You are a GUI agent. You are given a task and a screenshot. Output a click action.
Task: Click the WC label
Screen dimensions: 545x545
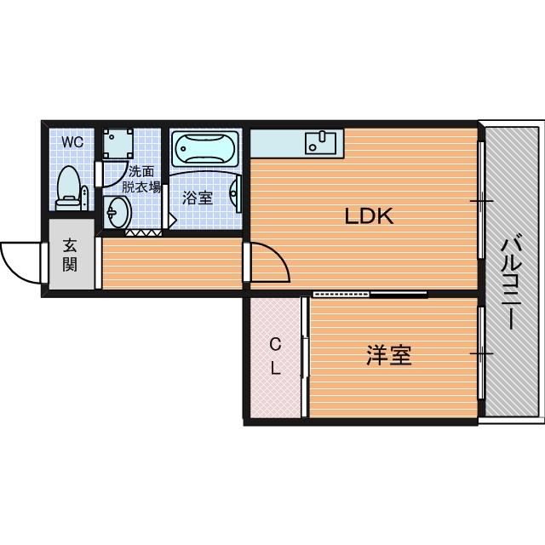(x=72, y=142)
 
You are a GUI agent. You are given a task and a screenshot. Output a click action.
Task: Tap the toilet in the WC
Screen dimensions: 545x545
(x=72, y=188)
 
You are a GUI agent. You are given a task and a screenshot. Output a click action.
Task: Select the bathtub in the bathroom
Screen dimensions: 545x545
(x=205, y=148)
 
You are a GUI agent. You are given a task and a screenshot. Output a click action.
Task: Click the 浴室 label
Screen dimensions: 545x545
(x=197, y=198)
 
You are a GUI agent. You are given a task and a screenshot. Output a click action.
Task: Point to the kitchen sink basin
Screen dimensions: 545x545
(x=320, y=143)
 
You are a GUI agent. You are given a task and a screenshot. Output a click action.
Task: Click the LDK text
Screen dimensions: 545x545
(x=369, y=215)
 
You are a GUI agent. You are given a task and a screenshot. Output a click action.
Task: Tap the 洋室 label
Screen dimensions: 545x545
(x=388, y=355)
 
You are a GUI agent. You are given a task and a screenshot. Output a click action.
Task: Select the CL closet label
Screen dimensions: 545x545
(x=275, y=356)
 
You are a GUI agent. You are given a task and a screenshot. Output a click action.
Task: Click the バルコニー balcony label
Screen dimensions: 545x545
(x=511, y=283)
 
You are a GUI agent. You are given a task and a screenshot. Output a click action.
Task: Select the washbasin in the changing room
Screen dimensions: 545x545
(x=118, y=212)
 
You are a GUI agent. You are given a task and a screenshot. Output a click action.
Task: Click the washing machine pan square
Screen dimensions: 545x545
(x=118, y=144)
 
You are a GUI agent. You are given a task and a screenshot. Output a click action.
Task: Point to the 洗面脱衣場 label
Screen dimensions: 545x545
(x=141, y=179)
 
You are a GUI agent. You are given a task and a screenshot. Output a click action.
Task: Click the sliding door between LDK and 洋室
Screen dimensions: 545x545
(x=370, y=295)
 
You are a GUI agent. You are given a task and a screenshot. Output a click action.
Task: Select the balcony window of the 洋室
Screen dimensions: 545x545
(x=481, y=353)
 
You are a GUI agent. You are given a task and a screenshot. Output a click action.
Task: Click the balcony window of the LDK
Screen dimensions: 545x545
(x=481, y=200)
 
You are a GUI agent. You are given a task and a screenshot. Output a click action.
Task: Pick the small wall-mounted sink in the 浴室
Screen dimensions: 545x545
(x=235, y=193)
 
